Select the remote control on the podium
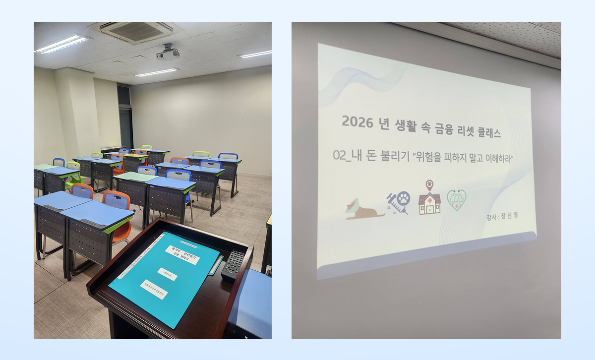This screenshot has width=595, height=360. pos(233,265)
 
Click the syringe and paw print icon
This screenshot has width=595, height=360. pos(398,202)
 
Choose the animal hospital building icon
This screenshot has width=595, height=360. pos(429,203)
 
